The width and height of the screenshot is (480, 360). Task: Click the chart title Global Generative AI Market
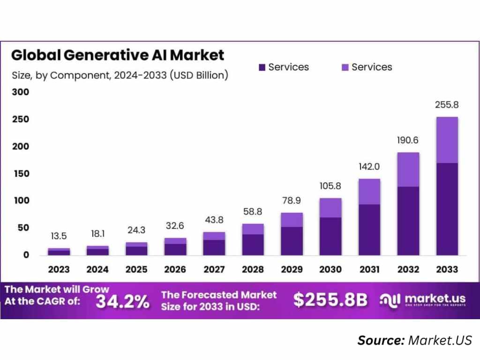(x=118, y=55)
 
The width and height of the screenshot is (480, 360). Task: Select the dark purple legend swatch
(x=262, y=67)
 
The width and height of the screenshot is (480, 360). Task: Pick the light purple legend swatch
(x=345, y=67)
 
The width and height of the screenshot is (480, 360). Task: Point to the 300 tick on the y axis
(x=20, y=92)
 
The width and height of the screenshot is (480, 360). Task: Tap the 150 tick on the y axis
(x=20, y=173)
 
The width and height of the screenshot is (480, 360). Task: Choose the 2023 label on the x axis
(x=59, y=270)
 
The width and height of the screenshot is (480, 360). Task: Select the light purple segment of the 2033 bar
(x=447, y=140)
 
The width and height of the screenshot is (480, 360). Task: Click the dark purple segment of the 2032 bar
(x=408, y=220)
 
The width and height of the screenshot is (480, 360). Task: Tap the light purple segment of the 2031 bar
(x=369, y=191)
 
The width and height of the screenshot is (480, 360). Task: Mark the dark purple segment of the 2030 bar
(x=330, y=236)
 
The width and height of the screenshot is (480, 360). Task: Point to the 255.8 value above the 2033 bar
(x=447, y=106)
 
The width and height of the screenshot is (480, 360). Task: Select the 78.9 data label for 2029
(x=292, y=201)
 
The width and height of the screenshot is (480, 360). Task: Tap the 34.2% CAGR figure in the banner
(x=122, y=301)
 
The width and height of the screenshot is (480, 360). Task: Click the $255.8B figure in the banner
(x=330, y=300)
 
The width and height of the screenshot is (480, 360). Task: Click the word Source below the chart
(x=381, y=340)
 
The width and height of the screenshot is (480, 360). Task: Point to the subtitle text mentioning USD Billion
(x=120, y=75)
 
